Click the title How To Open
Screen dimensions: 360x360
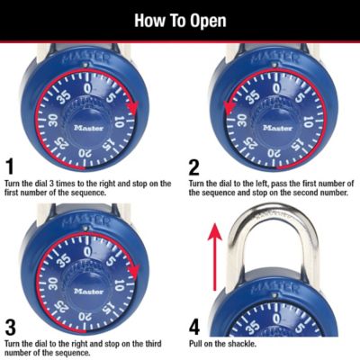click(180, 20)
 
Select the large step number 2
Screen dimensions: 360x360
click(194, 166)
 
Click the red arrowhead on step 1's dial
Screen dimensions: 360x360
click(134, 108)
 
